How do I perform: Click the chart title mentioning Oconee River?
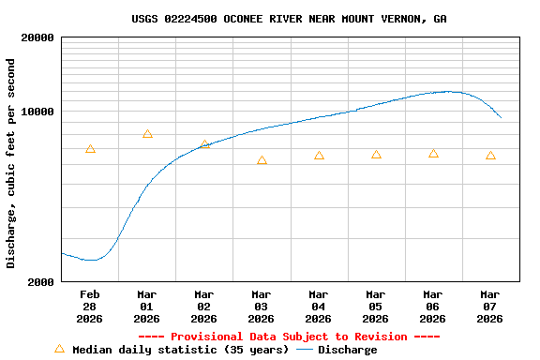(289, 19)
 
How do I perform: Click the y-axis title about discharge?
(11, 163)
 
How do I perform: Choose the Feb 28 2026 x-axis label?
(89, 307)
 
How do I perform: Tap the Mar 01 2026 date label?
(146, 307)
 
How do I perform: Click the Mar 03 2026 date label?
(261, 307)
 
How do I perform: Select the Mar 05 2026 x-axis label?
(375, 307)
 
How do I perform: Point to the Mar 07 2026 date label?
(489, 307)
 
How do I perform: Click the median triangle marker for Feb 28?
(90, 149)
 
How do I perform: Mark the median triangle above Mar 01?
(147, 134)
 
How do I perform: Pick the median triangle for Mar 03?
(262, 160)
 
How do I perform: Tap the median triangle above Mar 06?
(433, 154)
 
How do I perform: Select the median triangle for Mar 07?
(490, 156)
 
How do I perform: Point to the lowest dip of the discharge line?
(91, 260)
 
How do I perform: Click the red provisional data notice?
(289, 337)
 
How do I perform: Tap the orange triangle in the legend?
(59, 349)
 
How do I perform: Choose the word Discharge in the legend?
(347, 350)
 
